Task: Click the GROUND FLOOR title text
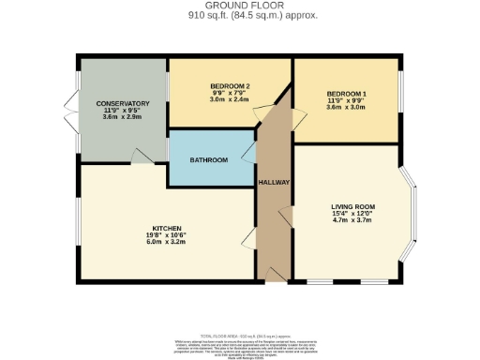(x=239, y=7)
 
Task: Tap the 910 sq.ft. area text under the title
(x=239, y=16)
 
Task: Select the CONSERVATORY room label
(x=122, y=103)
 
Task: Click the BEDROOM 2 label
(x=229, y=85)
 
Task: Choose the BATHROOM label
(x=208, y=160)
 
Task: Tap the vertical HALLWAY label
(x=274, y=183)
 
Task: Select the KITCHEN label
(x=167, y=228)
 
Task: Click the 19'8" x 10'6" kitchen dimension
(x=167, y=235)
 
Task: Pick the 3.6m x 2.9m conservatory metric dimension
(x=122, y=117)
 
